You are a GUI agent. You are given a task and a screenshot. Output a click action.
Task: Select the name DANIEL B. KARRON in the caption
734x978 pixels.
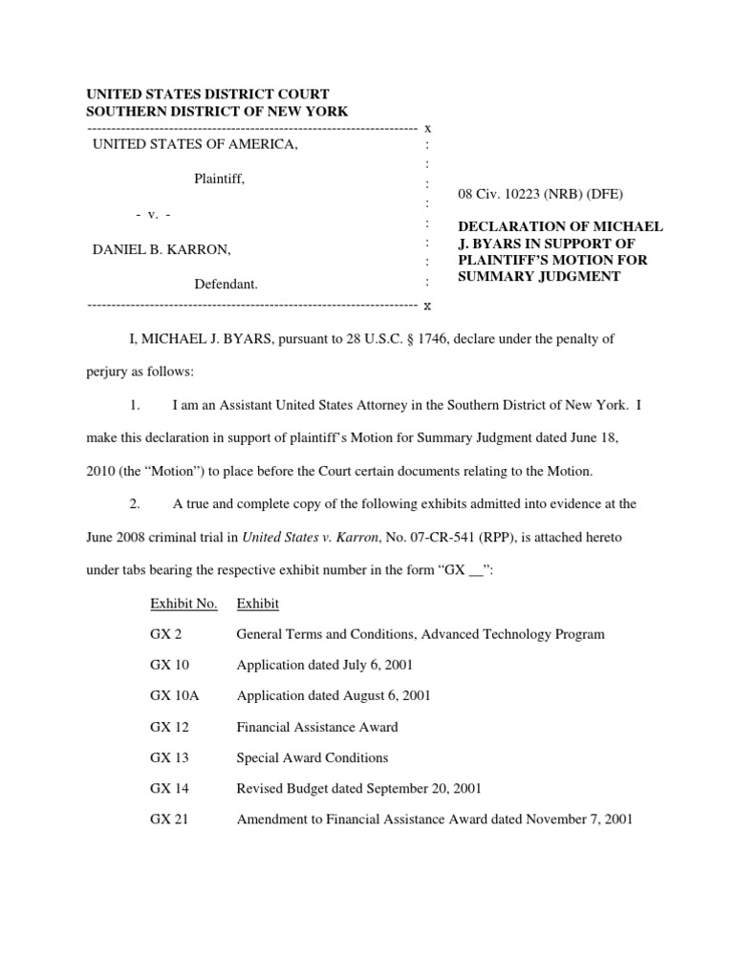pyautogui.click(x=161, y=250)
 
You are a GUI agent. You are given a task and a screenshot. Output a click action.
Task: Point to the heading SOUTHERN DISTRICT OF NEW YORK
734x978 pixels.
pyautogui.click(x=217, y=111)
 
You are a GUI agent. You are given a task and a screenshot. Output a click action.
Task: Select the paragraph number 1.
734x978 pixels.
pyautogui.click(x=135, y=406)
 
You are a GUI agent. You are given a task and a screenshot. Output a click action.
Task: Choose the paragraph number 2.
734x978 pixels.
pyautogui.click(x=135, y=503)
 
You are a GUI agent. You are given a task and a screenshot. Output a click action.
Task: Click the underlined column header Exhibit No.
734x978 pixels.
pyautogui.click(x=183, y=604)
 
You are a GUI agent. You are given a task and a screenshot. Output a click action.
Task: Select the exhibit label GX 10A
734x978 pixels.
pyautogui.click(x=174, y=695)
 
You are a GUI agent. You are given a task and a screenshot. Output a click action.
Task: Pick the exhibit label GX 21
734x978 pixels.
pyautogui.click(x=169, y=819)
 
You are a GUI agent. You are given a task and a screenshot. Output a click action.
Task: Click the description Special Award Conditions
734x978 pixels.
pyautogui.click(x=313, y=757)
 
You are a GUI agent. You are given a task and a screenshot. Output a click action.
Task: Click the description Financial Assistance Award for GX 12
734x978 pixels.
pyautogui.click(x=317, y=727)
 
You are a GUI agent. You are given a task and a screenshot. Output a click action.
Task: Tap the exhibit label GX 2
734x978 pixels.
pyautogui.click(x=165, y=634)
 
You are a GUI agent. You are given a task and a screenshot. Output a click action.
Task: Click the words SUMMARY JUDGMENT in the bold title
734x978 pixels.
pyautogui.click(x=539, y=277)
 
